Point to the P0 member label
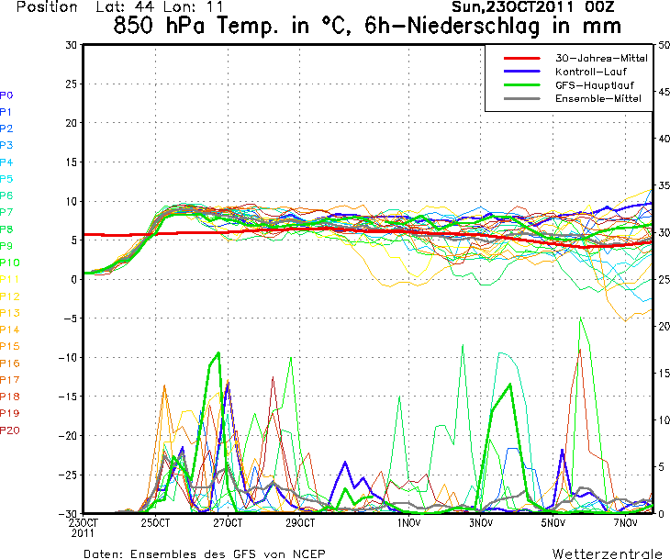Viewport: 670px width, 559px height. pos(6,95)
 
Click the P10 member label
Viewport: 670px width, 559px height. pos(9,263)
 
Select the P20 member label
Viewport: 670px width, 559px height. pos(9,430)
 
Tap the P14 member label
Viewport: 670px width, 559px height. pos(9,330)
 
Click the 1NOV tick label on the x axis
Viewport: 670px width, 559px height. pos(409,523)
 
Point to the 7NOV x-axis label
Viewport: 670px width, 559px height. pos(626,523)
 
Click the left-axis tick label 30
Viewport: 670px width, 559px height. pos(71,45)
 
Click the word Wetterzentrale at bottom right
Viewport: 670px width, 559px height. pos(607,553)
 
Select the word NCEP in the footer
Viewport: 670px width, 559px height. pos(305,553)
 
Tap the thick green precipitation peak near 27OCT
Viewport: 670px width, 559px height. pos(218,352)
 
